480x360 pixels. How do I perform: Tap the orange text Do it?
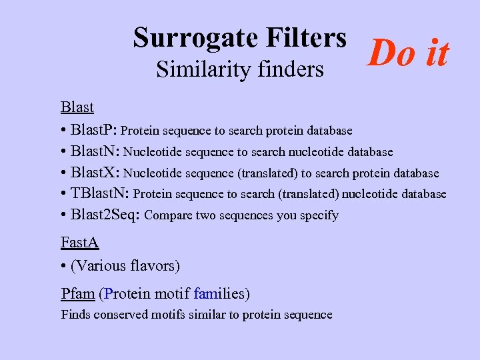(x=409, y=53)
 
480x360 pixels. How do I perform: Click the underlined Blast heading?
(x=77, y=107)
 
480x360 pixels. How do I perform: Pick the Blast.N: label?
(x=95, y=151)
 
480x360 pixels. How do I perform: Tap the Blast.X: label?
(x=95, y=173)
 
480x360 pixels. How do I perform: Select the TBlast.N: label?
(x=101, y=194)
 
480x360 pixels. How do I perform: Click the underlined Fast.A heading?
(x=79, y=244)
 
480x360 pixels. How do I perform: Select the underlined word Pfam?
(x=77, y=293)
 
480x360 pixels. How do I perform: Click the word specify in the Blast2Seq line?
(x=320, y=215)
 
